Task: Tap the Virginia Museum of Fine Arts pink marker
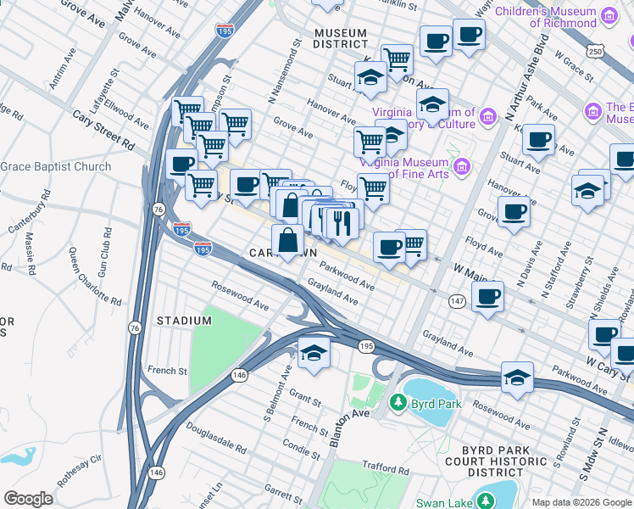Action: point(462,165)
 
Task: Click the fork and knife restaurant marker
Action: point(342,222)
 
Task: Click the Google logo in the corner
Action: point(28,499)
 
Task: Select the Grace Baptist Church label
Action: point(56,166)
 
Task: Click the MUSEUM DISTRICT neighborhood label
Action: point(340,39)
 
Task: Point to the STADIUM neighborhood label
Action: point(184,321)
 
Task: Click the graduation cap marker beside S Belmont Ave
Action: point(314,353)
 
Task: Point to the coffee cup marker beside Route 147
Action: point(487,297)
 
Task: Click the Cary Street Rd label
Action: point(103,129)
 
